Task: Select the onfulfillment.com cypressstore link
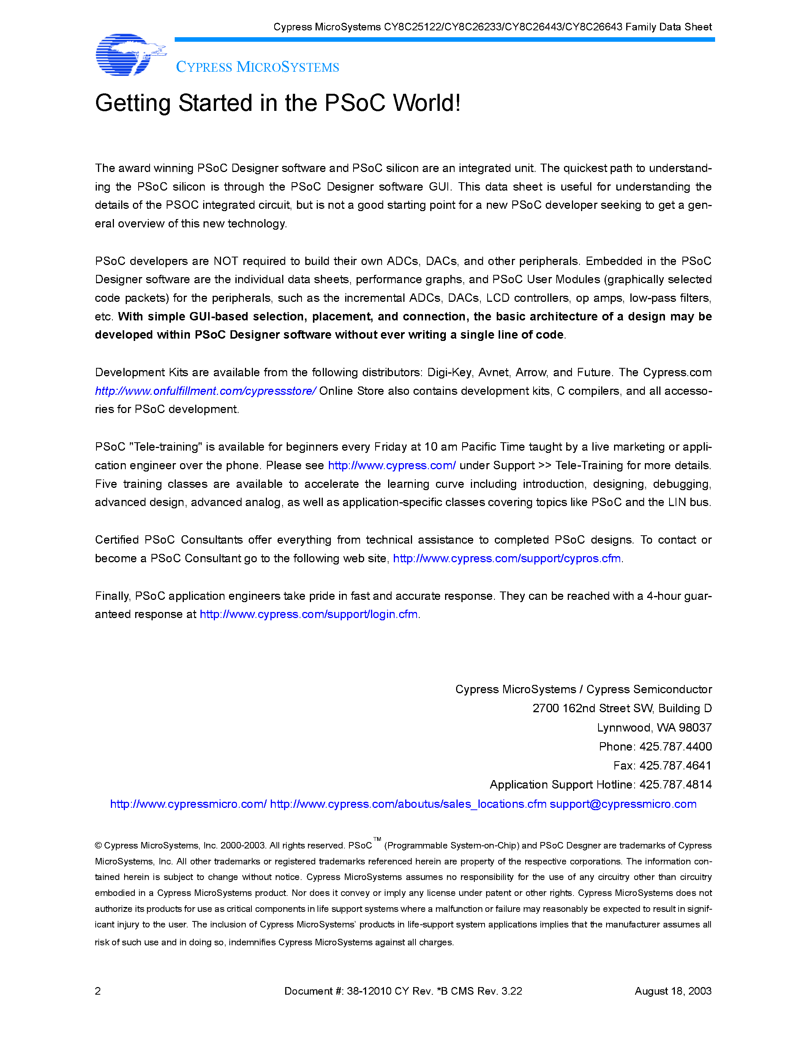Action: tap(205, 391)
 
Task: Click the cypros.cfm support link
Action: tap(507, 558)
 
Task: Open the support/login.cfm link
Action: tap(308, 614)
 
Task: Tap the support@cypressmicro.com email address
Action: tap(623, 804)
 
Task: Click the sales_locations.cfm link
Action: tap(408, 804)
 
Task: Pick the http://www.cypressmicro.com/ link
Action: tap(188, 804)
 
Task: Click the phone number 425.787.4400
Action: tap(675, 747)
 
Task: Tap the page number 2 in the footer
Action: tap(98, 991)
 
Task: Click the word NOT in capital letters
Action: tap(226, 261)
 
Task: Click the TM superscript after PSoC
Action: tap(377, 839)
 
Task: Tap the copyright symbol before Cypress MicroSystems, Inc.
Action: tap(98, 845)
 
